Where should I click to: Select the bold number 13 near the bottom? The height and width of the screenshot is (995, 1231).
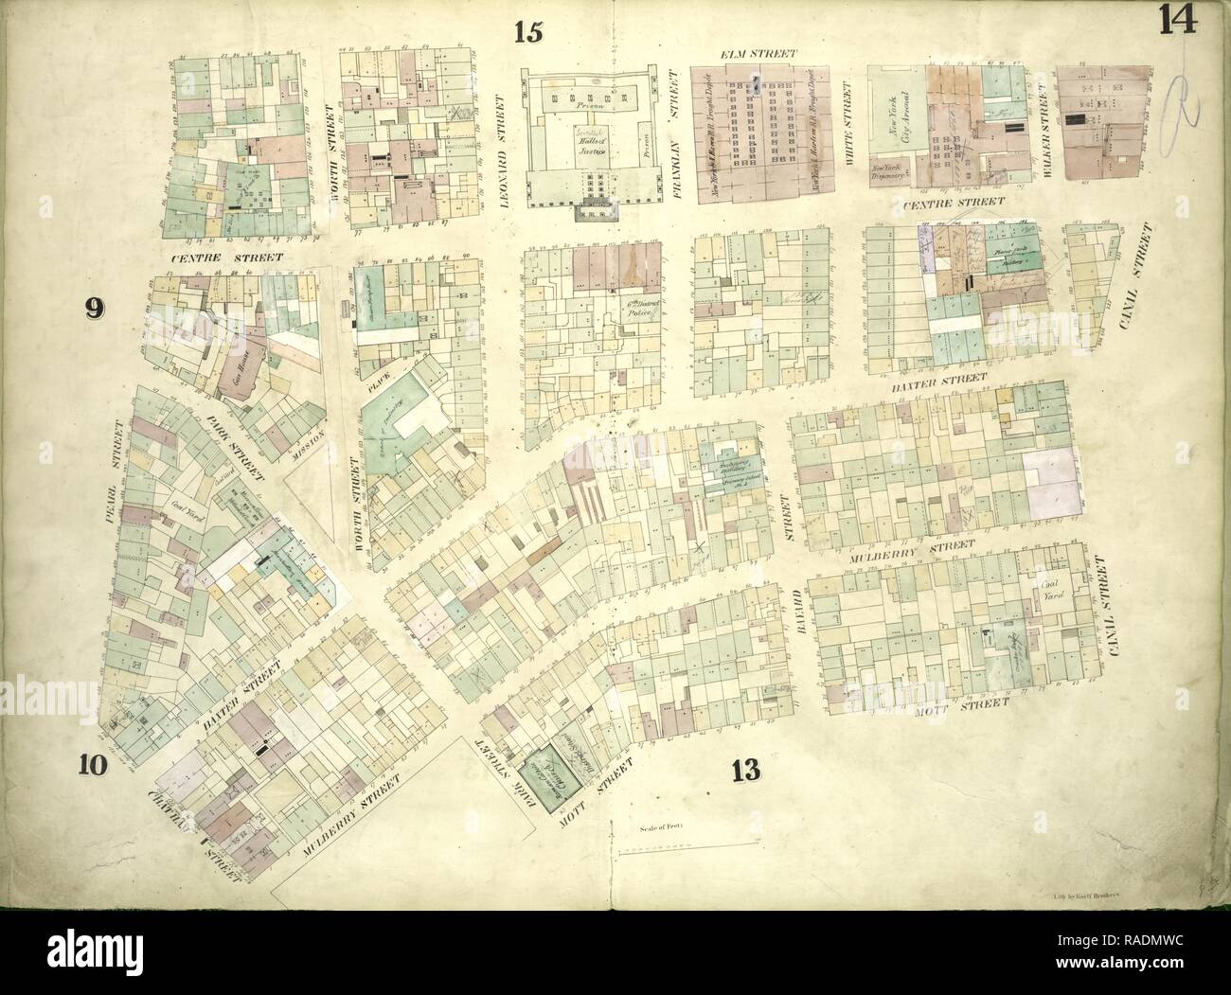point(747,772)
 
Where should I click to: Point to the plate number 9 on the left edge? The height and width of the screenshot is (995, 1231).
point(93,307)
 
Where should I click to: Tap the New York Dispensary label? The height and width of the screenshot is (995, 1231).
point(891,172)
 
